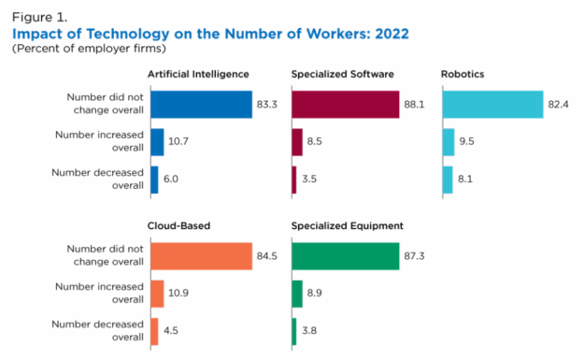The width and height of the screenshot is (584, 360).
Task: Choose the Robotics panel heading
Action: click(x=463, y=74)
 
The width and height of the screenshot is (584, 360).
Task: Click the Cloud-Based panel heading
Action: click(x=179, y=225)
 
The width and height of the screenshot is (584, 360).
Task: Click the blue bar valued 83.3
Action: click(x=201, y=104)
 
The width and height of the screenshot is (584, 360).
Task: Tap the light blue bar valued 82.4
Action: click(x=492, y=104)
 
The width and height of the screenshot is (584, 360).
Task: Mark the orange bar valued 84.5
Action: click(x=201, y=255)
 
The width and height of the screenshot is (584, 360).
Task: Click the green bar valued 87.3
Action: click(x=345, y=255)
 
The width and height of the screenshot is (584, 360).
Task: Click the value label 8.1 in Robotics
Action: click(x=466, y=180)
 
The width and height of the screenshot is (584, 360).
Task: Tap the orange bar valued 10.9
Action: click(x=156, y=294)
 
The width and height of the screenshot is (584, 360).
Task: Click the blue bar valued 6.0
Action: click(x=153, y=180)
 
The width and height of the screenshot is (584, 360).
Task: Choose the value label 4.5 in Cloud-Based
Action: click(x=172, y=331)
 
